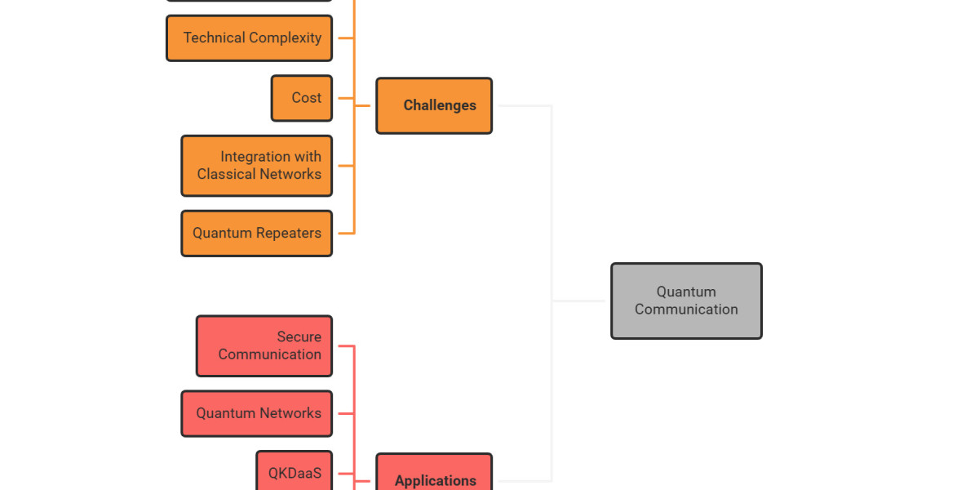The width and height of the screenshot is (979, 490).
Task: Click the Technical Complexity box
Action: (x=249, y=38)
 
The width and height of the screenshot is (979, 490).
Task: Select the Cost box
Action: (x=302, y=98)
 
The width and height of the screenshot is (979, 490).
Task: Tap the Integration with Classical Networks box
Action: (x=256, y=166)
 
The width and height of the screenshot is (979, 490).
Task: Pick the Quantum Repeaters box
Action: (x=256, y=234)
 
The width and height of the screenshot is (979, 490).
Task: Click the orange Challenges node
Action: (x=434, y=106)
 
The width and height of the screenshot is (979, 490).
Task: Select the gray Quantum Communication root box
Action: (x=686, y=301)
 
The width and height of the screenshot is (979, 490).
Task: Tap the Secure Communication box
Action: (x=264, y=346)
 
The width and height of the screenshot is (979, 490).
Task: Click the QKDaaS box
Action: (x=295, y=472)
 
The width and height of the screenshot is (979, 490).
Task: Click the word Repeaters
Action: (x=289, y=234)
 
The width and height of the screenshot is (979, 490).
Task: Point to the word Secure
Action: (x=299, y=337)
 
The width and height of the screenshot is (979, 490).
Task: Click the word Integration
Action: (x=255, y=157)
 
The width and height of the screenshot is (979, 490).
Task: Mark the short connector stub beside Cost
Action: (x=343, y=98)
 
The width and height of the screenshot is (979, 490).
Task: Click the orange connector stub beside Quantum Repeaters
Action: (x=343, y=234)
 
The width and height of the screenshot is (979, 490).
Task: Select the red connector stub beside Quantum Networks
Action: (x=343, y=413)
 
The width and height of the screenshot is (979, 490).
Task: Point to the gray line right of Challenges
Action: (x=522, y=106)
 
